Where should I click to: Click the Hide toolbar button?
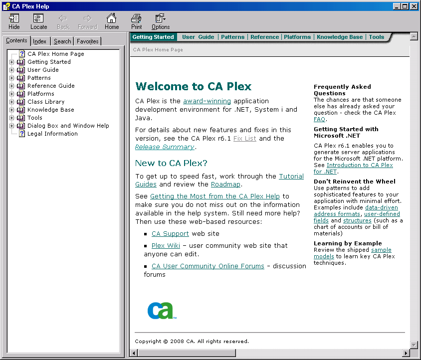(x=14, y=21)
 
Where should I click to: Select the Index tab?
(x=40, y=41)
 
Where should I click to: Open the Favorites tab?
(x=88, y=41)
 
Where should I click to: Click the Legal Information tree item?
(x=52, y=134)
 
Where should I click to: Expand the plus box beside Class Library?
(x=12, y=102)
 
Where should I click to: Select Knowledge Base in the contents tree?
(x=50, y=110)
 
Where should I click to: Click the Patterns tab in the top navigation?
(x=232, y=37)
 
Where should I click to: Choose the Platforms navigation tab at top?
(x=297, y=37)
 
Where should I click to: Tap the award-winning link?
(x=207, y=101)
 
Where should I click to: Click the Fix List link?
(x=244, y=138)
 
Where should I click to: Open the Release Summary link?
(x=165, y=147)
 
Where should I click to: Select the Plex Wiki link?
(x=166, y=245)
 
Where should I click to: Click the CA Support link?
(x=170, y=233)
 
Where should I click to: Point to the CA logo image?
(x=160, y=310)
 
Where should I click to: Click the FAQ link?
(x=319, y=119)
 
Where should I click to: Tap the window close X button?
(x=414, y=6)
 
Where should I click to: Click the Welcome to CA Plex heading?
(x=194, y=86)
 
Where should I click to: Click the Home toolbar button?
(x=112, y=21)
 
